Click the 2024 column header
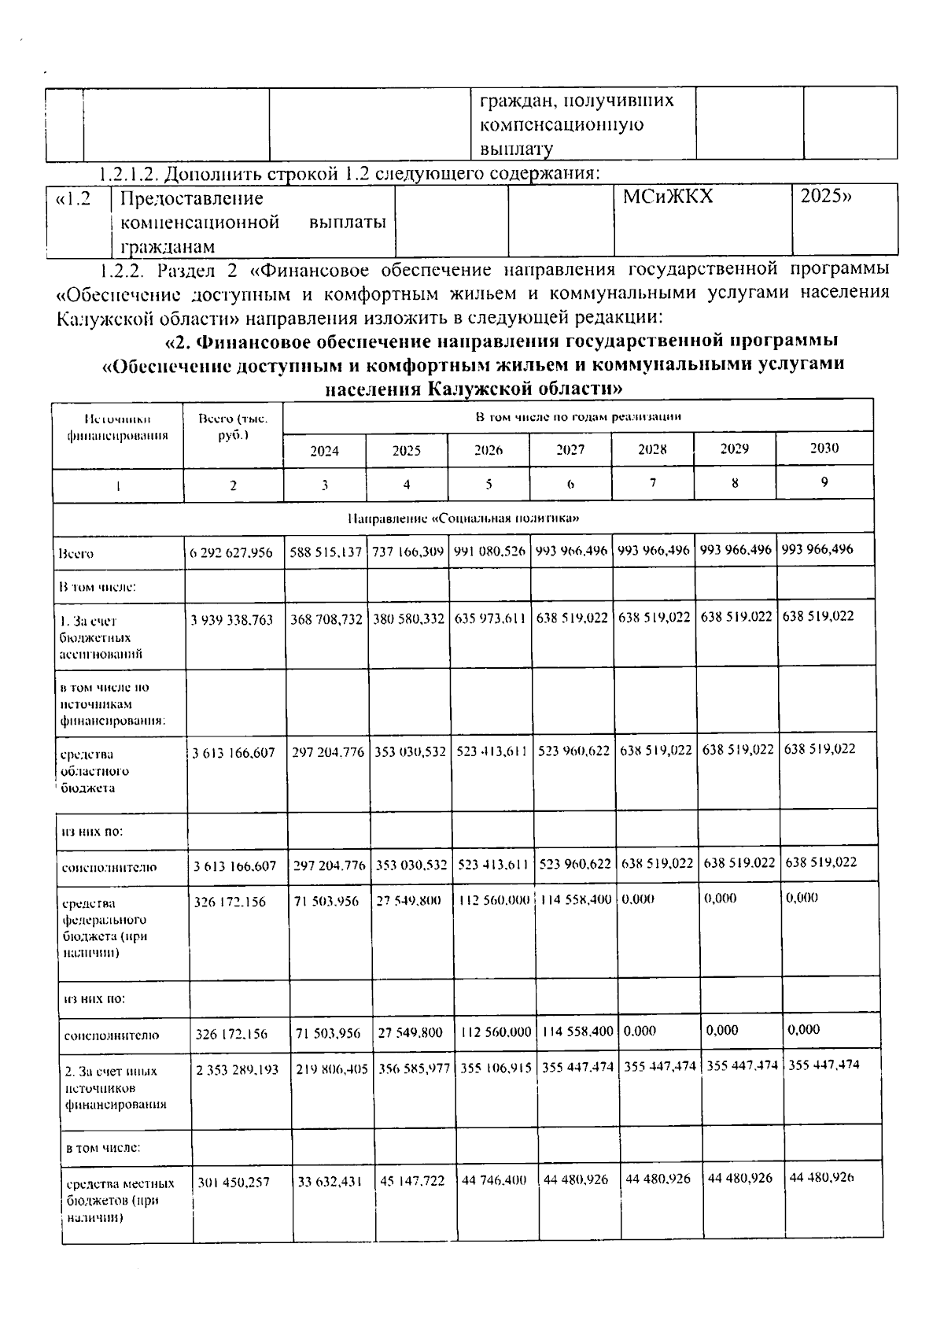click(x=324, y=451)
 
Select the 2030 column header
click(x=824, y=448)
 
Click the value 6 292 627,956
click(x=231, y=552)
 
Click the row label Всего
click(x=76, y=553)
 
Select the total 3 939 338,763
click(x=232, y=619)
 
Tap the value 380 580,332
click(x=408, y=618)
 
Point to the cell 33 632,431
click(x=330, y=1181)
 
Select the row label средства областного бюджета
click(x=94, y=771)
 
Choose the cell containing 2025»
click(x=825, y=197)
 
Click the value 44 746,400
click(x=494, y=1180)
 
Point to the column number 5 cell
click(x=489, y=485)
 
